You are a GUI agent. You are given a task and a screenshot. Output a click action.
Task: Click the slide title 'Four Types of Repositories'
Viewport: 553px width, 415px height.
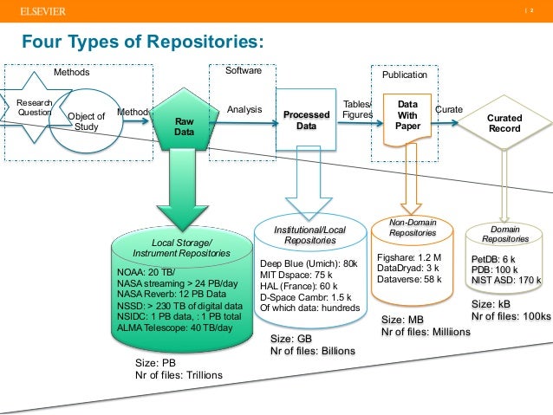click(x=142, y=42)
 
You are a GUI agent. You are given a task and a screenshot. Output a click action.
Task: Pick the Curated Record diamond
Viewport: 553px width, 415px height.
click(x=504, y=123)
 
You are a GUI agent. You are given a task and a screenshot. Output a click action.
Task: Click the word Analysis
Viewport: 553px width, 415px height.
click(x=244, y=110)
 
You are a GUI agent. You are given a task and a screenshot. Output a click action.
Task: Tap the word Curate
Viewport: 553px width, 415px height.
click(x=448, y=110)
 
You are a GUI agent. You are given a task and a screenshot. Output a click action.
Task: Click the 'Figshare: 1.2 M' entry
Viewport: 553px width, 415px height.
click(x=410, y=257)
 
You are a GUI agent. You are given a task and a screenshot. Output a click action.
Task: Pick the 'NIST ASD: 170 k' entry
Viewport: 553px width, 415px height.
click(x=506, y=280)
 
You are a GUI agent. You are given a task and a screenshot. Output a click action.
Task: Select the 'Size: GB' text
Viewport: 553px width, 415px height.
click(x=290, y=338)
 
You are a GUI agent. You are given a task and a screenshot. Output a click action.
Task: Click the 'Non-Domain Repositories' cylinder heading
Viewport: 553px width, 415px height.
click(x=413, y=228)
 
